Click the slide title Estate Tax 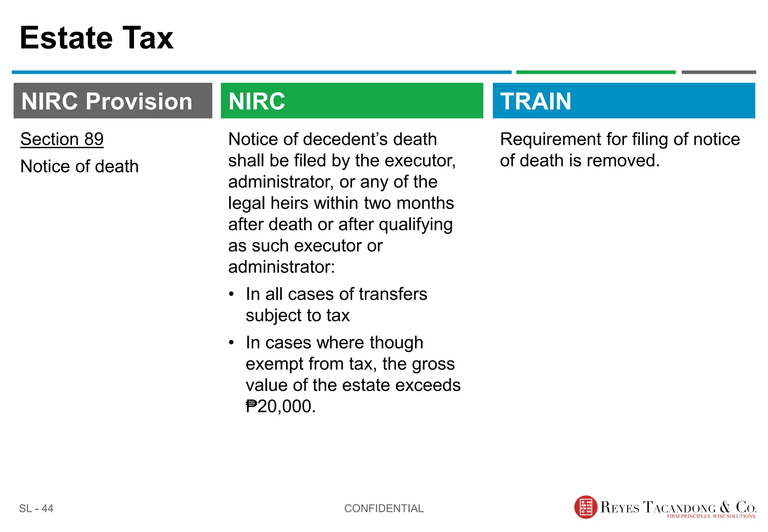tap(96, 38)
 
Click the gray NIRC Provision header tap(112, 101)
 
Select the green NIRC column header tap(352, 101)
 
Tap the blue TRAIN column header tap(623, 101)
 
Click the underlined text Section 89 tap(62, 140)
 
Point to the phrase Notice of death tap(79, 166)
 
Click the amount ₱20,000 tap(280, 406)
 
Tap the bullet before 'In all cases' tap(231, 294)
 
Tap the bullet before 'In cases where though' tap(231, 342)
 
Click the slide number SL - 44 tap(36, 508)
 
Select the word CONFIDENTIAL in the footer tap(384, 508)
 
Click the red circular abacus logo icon tap(585, 507)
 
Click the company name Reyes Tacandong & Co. tap(678, 507)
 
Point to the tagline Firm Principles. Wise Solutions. tap(711, 517)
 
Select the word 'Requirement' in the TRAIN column tap(550, 140)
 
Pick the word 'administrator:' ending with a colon tap(281, 267)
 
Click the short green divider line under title tap(595, 72)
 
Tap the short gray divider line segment tap(718, 72)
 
